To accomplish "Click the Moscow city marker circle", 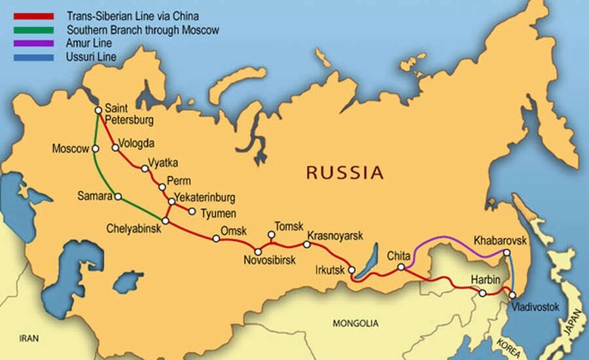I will [96, 149].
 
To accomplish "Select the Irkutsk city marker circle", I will [351, 270].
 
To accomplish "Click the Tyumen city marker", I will [192, 211].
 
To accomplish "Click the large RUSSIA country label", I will [344, 173].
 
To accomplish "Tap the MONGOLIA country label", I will [355, 323].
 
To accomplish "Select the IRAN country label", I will [29, 338].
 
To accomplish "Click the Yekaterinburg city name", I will [205, 197].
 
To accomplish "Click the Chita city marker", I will [401, 267].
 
